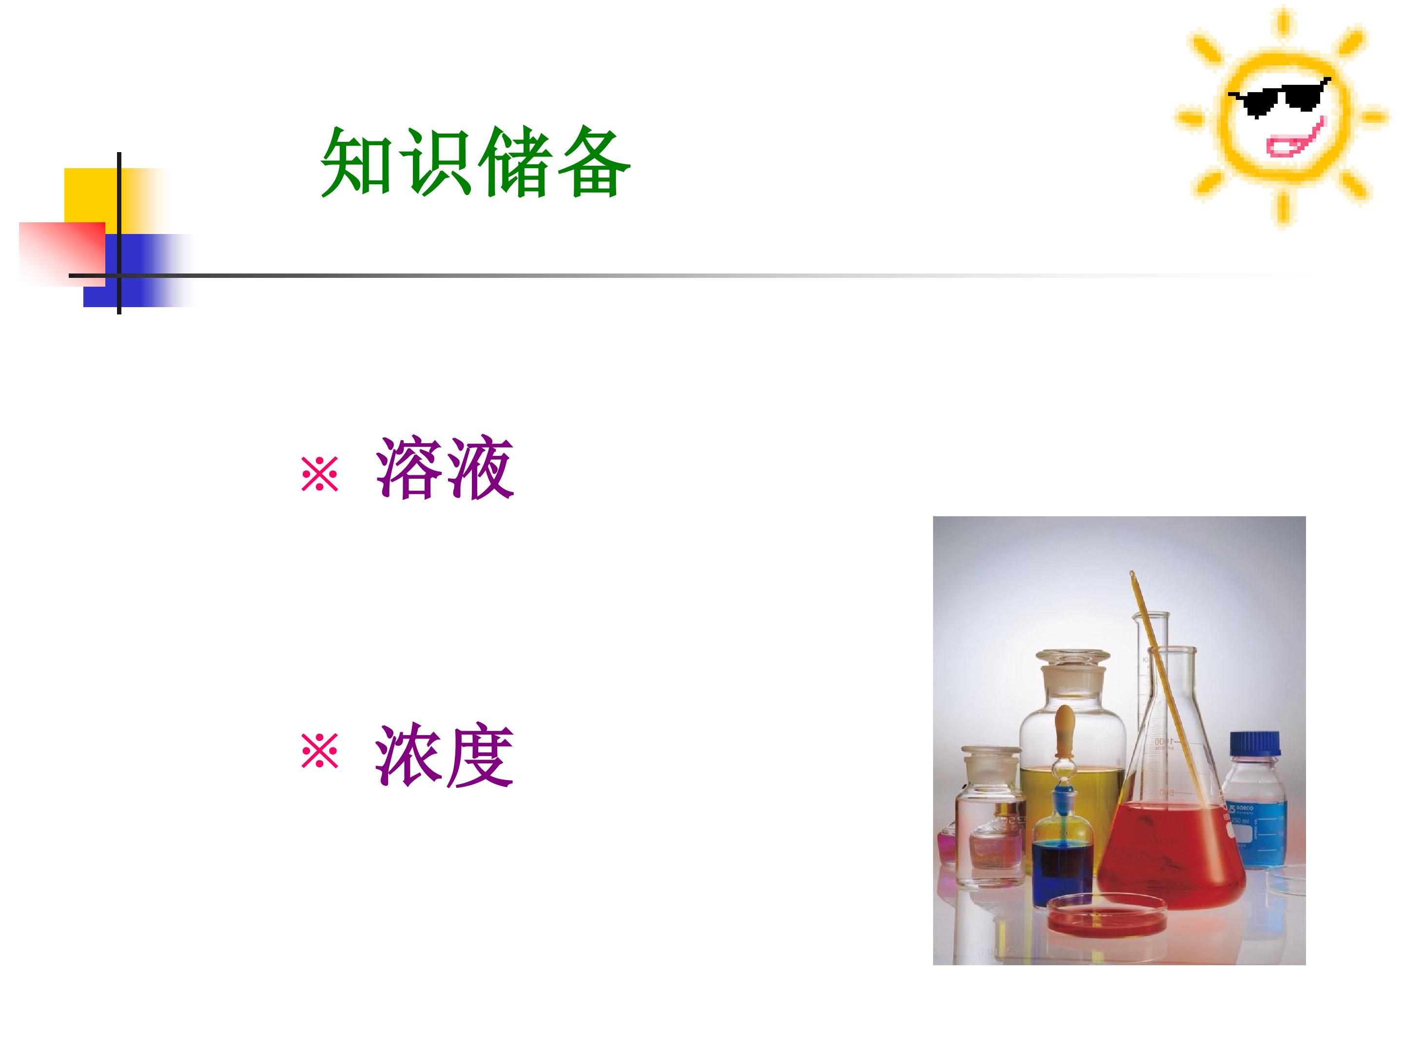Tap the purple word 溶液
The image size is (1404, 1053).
(x=444, y=468)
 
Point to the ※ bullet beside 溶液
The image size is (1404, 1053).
(x=320, y=473)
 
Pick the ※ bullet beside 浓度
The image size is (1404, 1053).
(x=320, y=751)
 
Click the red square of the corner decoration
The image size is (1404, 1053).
(x=62, y=254)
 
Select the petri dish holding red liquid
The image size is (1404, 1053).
(x=1106, y=914)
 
